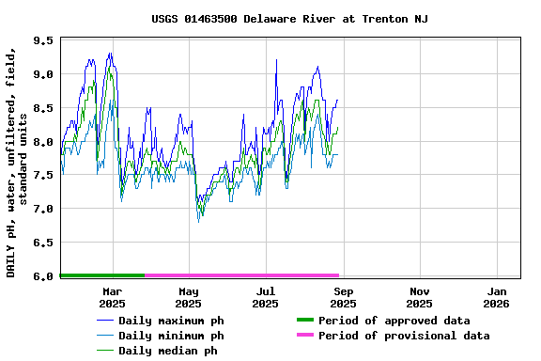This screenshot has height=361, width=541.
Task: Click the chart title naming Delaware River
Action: coord(289,19)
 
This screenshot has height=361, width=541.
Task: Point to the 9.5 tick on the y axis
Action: coord(43,40)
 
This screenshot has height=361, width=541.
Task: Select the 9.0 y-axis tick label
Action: coord(43,74)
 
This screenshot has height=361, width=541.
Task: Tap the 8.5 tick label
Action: coord(43,108)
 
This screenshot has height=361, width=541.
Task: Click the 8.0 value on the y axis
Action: coord(43,142)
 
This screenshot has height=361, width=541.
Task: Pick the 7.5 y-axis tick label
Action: coord(43,175)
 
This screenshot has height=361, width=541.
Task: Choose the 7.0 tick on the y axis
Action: coord(43,209)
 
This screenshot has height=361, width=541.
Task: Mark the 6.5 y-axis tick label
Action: coord(43,243)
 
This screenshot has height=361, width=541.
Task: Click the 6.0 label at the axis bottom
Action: coord(43,276)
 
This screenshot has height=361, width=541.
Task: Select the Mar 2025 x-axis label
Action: coord(112,297)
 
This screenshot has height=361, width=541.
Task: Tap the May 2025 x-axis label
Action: coord(189,297)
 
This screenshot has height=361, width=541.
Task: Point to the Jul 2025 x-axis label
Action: coord(266,297)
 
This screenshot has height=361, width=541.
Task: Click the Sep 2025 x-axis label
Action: coord(343,297)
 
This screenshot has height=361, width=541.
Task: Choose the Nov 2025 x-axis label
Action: coord(420,297)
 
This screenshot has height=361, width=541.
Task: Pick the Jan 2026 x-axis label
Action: coord(497,297)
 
